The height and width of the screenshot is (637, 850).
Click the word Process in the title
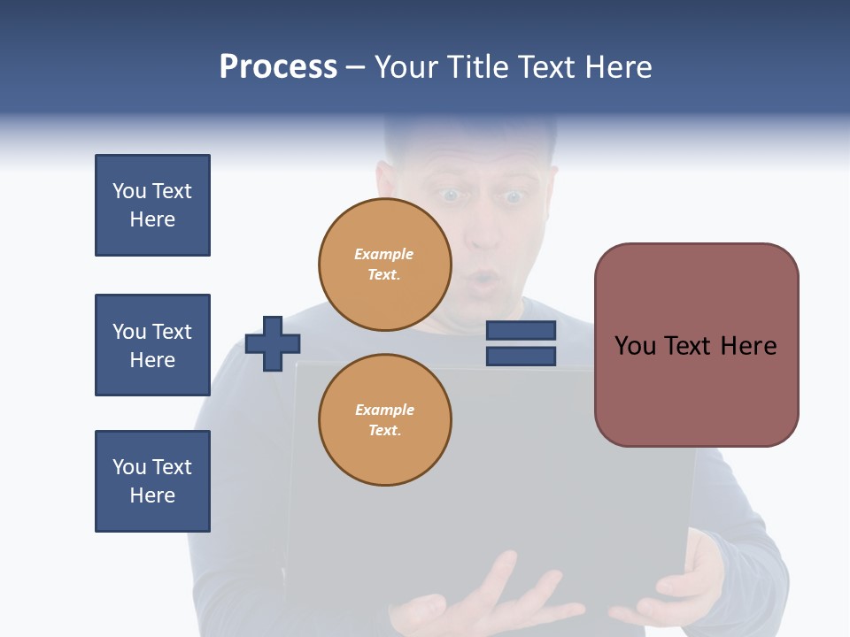click(x=278, y=67)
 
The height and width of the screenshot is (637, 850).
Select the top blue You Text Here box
click(x=152, y=205)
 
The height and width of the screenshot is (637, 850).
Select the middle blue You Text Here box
click(x=152, y=345)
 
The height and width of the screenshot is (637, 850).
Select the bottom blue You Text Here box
click(x=152, y=481)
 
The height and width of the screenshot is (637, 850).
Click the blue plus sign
click(x=273, y=343)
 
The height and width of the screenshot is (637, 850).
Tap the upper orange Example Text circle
click(x=385, y=265)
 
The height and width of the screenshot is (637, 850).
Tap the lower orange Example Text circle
click(x=385, y=420)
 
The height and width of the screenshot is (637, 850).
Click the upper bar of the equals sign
click(x=521, y=330)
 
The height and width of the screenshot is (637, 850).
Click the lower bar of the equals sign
click(x=521, y=357)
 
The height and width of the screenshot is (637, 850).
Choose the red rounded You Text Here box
click(x=696, y=345)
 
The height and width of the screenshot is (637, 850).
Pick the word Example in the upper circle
click(x=384, y=254)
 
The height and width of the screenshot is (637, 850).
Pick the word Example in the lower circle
click(x=384, y=410)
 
